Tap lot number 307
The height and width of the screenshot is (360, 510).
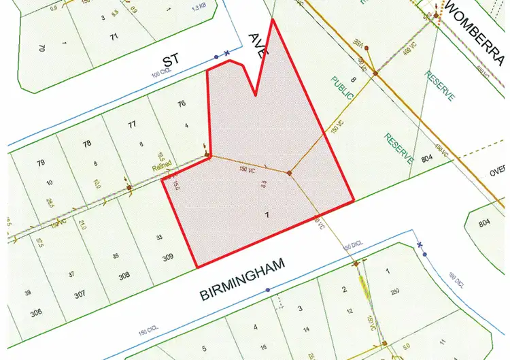(x=80, y=294)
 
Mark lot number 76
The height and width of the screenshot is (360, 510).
(x=180, y=104)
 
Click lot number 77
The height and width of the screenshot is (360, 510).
(x=132, y=125)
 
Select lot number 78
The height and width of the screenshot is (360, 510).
(x=86, y=144)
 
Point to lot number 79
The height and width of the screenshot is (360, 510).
(x=41, y=163)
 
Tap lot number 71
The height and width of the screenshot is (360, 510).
(x=114, y=35)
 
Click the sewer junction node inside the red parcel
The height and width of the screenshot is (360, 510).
(x=289, y=174)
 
